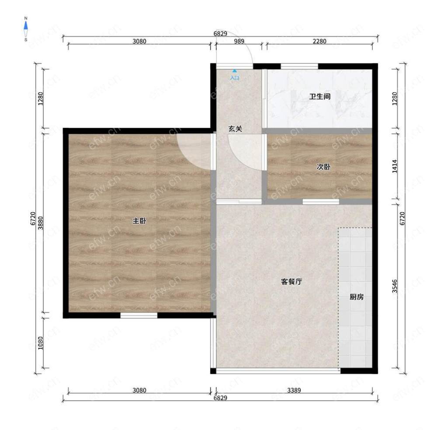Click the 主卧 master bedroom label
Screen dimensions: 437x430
[x=139, y=221]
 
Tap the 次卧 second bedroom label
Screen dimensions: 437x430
[x=323, y=167]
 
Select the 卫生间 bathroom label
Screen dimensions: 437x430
[x=320, y=97]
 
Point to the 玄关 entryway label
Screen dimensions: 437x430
[x=235, y=129]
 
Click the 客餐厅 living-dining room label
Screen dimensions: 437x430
[x=291, y=282]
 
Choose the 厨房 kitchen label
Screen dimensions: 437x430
[x=357, y=297]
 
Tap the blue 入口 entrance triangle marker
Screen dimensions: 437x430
[x=235, y=71]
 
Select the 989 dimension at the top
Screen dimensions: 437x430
[x=239, y=41]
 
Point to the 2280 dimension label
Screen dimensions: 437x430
[x=319, y=41]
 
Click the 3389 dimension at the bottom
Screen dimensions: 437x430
[x=294, y=390]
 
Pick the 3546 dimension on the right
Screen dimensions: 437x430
[x=395, y=286]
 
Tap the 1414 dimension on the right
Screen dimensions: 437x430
[x=395, y=166]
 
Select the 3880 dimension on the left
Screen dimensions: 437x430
[x=41, y=223]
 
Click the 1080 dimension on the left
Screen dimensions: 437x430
[x=41, y=343]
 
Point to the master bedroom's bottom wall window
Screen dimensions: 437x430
[x=139, y=315]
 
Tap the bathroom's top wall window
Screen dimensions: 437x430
[x=299, y=66]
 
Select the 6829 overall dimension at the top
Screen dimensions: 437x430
[x=220, y=34]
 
